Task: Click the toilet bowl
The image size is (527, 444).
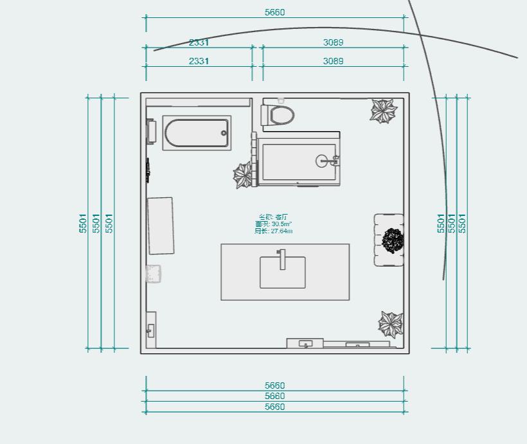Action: pos(282,116)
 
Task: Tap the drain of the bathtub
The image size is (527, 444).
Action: pos(224,133)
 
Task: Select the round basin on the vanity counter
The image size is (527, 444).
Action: pos(325,161)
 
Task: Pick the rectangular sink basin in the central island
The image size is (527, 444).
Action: pos(283,273)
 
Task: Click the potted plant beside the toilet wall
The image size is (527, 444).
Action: pos(384,111)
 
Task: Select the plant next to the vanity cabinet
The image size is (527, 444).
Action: pos(244,175)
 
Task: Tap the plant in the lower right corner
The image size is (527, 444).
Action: pos(391,324)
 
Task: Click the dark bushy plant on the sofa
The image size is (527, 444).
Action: pos(393,241)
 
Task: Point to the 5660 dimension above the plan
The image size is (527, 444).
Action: pos(274,12)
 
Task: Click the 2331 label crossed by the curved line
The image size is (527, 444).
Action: pos(199,42)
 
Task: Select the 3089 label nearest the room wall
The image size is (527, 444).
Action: pos(333,61)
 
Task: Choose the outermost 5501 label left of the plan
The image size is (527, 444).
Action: pos(83,223)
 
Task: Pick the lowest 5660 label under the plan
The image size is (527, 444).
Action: pos(274,407)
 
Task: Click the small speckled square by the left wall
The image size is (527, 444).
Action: pos(153,274)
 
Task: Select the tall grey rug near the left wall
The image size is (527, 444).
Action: pos(161,226)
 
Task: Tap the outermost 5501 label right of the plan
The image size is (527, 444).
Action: pos(462,223)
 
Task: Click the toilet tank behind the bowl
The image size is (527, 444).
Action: pos(265,116)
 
